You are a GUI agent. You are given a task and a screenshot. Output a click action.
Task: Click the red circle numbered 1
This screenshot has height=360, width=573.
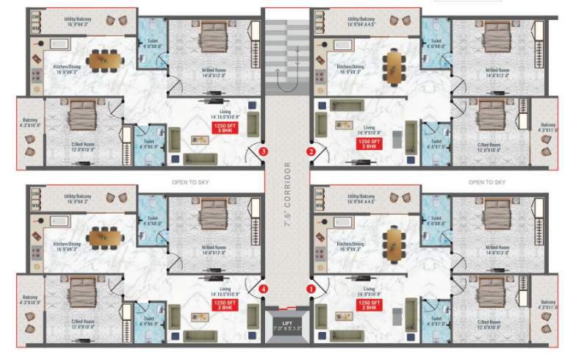point(311,289)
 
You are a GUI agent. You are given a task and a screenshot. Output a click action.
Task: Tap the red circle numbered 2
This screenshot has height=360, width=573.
point(311,151)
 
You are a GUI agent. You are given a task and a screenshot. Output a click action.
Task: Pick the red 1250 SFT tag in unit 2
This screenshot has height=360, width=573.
point(368,143)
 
